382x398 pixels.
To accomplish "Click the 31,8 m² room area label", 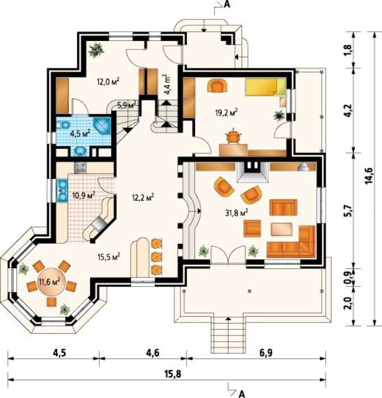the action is point(236,213).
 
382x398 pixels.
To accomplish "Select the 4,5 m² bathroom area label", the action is point(81,134).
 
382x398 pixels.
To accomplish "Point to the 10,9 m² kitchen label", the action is point(84,195).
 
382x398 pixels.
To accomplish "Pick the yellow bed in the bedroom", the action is point(265,86).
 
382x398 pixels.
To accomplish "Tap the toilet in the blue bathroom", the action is point(64,125).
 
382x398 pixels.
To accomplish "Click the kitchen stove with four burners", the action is point(80,168).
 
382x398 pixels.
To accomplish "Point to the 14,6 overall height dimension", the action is point(368,175).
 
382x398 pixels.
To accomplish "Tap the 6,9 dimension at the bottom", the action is point(265,353).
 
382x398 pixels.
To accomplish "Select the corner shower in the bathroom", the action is point(102,126).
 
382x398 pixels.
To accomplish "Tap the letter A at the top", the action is point(227,5).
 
